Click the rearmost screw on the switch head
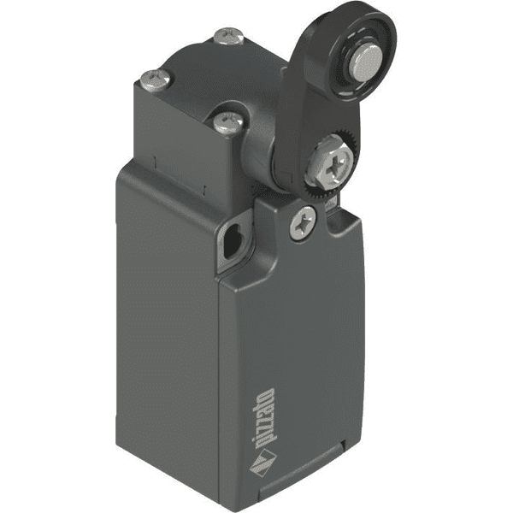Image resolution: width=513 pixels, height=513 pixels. [x=229, y=37]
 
